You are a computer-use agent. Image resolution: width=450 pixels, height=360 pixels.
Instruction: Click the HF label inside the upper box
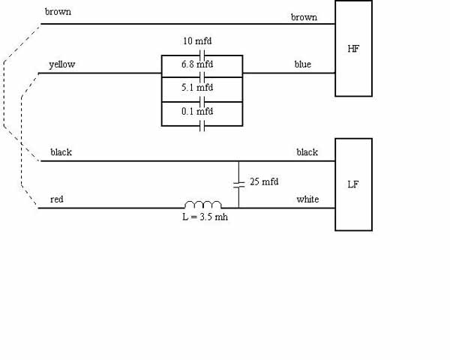[x=353, y=49]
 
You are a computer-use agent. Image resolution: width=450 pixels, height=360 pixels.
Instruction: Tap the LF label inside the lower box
[x=353, y=184]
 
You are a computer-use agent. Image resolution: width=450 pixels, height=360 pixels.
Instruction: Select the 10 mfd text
[x=197, y=41]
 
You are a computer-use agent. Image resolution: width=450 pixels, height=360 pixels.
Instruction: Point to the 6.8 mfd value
[x=197, y=64]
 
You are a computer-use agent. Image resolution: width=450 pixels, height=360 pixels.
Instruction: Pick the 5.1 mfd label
[x=197, y=87]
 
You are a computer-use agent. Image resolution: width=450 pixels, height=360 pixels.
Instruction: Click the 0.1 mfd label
[x=197, y=111]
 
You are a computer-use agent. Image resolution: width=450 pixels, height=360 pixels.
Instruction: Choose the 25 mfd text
[x=264, y=181]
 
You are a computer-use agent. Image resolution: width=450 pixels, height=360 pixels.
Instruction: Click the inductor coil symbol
[x=203, y=205]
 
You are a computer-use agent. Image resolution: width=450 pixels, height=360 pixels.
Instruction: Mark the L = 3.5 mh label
[x=205, y=217]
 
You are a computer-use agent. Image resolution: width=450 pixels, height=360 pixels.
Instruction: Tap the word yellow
[x=62, y=64]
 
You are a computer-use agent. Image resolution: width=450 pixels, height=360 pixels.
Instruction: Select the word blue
[x=303, y=64]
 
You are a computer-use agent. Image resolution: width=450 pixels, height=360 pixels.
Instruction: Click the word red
[x=56, y=199]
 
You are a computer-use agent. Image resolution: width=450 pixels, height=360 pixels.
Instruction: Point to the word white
[x=307, y=199]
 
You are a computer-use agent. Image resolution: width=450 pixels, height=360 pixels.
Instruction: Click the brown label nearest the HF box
[x=304, y=17]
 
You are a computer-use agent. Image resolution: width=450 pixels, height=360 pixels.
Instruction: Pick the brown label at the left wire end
[x=58, y=12]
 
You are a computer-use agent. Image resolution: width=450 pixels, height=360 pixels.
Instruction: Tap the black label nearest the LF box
[x=307, y=152]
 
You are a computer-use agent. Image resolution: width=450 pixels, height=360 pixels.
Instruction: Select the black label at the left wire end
[x=61, y=152]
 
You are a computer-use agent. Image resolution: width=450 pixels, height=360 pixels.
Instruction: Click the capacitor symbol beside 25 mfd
[x=238, y=184]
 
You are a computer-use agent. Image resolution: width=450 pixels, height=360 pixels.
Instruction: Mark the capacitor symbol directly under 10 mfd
[x=202, y=55]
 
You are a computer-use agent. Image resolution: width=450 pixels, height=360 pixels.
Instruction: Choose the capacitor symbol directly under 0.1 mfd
[x=202, y=126]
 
